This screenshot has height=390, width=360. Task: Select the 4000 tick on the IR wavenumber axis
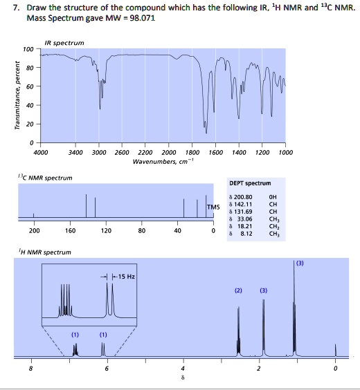[x=41, y=153]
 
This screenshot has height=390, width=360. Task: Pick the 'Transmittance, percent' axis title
[x=9, y=97]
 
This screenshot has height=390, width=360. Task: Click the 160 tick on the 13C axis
[x=70, y=231]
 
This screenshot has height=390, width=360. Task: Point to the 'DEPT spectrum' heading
[x=249, y=183]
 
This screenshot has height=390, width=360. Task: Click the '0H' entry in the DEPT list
[x=272, y=196]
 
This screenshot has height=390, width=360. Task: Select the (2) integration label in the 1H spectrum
[x=238, y=290]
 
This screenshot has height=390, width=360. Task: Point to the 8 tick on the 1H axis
[x=30, y=369]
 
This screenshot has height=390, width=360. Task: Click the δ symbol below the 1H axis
[x=183, y=379]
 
